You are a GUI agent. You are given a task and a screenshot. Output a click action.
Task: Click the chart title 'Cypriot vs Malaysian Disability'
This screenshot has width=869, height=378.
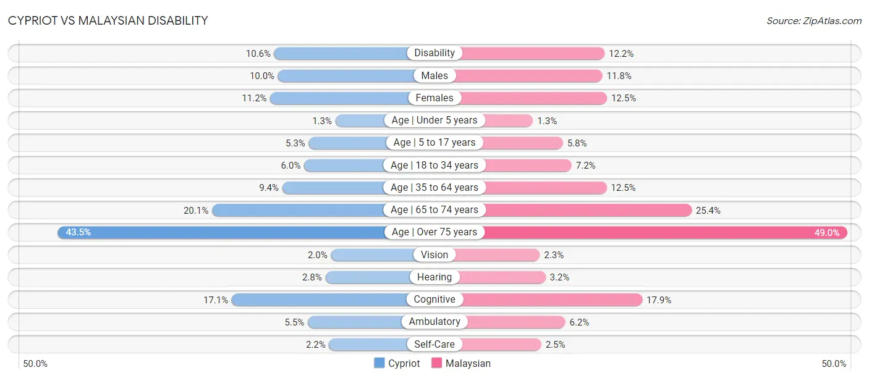pyautogui.click(x=108, y=20)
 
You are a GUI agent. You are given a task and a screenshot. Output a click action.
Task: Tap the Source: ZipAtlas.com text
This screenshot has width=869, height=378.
pyautogui.click(x=814, y=21)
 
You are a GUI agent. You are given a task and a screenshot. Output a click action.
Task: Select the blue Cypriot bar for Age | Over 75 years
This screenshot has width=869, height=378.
pyautogui.click(x=221, y=232)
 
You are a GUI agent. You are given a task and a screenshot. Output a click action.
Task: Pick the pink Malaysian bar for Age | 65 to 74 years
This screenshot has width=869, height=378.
pyautogui.click(x=588, y=210)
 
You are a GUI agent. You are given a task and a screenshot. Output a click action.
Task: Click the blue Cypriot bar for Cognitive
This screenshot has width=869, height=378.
pyautogui.click(x=319, y=300)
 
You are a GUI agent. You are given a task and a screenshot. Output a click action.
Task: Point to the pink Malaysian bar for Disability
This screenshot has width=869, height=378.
pyautogui.click(x=533, y=54)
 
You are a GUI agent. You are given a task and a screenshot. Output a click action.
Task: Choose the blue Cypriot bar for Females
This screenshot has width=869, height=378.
pyautogui.click(x=339, y=98)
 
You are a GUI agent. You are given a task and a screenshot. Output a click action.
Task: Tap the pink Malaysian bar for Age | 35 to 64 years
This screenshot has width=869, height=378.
pyautogui.click(x=546, y=188)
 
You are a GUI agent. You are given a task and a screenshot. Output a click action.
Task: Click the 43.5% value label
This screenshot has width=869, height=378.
pyautogui.click(x=78, y=232)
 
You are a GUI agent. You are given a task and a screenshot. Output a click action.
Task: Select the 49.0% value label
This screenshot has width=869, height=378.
pyautogui.click(x=827, y=233)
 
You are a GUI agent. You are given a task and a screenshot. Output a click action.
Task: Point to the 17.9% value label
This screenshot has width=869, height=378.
pyautogui.click(x=659, y=300)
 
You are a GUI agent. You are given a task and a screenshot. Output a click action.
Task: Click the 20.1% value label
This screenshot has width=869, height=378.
pyautogui.click(x=196, y=211)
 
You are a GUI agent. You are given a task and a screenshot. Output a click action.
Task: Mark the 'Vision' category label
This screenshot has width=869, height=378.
pyautogui.click(x=434, y=254)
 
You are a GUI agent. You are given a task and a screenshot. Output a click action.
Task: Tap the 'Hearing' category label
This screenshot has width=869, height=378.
pyautogui.click(x=434, y=277)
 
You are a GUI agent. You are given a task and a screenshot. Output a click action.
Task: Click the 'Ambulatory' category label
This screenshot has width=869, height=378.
pyautogui.click(x=434, y=321)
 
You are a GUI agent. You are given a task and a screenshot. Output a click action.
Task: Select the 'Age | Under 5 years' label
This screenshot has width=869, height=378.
pyautogui.click(x=434, y=120)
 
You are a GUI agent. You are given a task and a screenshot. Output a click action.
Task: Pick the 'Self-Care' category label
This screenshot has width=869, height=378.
pyautogui.click(x=434, y=344)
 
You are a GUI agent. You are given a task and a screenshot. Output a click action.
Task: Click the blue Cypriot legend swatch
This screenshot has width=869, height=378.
pyautogui.click(x=379, y=363)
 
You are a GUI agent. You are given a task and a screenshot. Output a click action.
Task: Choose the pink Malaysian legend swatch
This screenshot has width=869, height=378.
pyautogui.click(x=436, y=363)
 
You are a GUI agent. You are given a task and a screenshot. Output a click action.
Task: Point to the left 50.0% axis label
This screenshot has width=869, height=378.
pyautogui.click(x=35, y=364)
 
